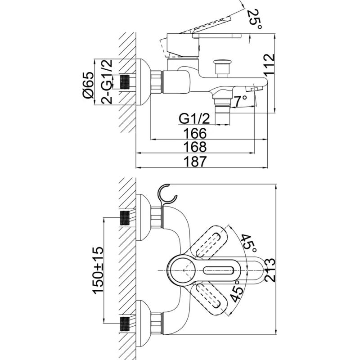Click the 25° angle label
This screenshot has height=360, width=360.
(255, 19)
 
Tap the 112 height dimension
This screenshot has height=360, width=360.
(269, 64)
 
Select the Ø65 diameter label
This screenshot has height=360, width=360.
(88, 85)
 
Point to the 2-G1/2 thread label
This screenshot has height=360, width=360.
(107, 81)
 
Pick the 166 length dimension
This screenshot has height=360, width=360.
(195, 133)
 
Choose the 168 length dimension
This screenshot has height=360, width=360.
(195, 147)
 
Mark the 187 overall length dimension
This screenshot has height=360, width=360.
(195, 162)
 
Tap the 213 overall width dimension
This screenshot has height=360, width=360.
(270, 270)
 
